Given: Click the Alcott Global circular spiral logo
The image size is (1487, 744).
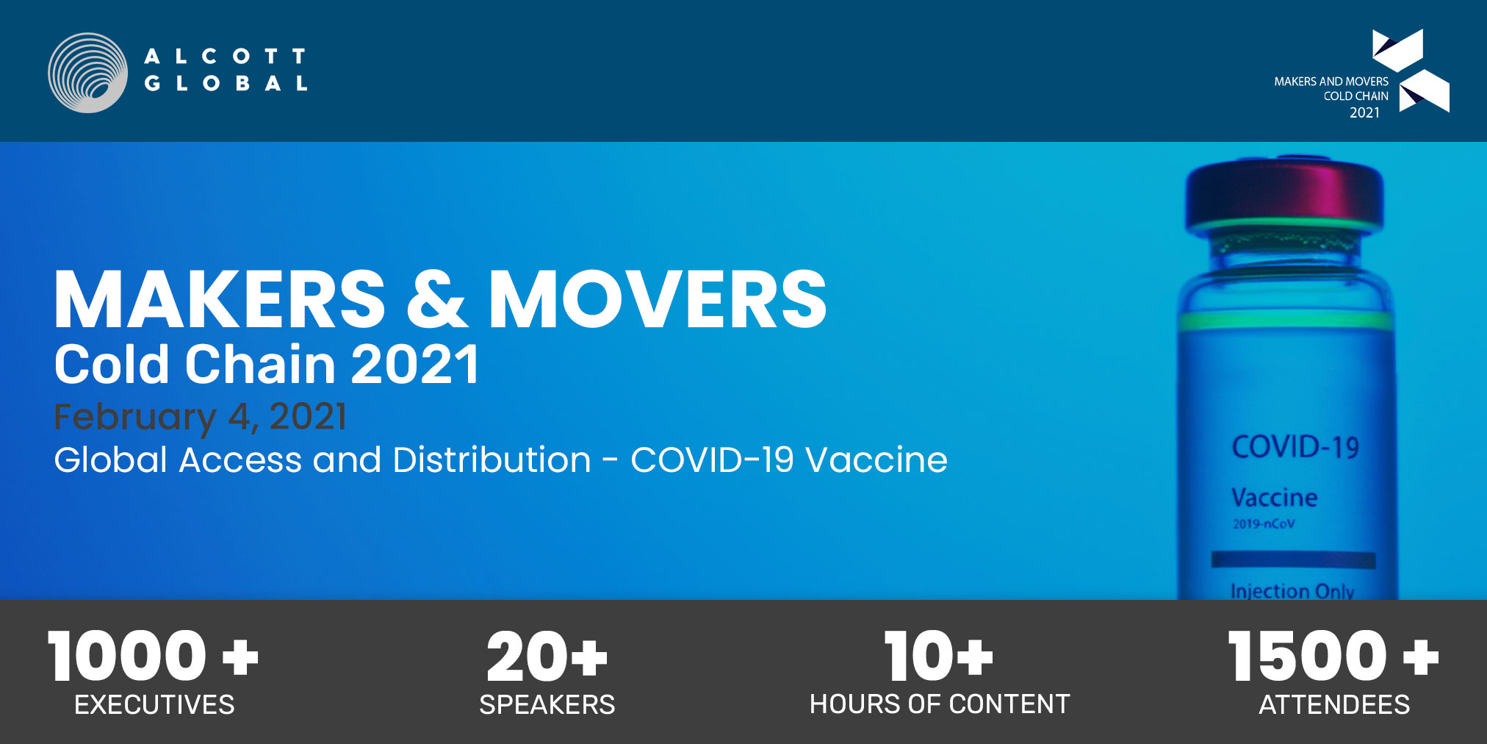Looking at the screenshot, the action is [x=88, y=72].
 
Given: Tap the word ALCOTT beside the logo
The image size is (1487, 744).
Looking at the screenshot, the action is [x=225, y=57].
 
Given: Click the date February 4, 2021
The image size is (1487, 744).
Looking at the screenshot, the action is [x=200, y=417].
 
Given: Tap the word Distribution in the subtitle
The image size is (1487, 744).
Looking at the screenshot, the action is [x=492, y=460].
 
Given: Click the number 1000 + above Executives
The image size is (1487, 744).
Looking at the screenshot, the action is [x=153, y=656].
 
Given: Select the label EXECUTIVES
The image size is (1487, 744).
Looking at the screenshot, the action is [x=154, y=704].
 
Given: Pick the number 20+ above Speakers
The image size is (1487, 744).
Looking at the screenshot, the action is [x=547, y=656].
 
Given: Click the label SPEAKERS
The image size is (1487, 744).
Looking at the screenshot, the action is [x=547, y=704].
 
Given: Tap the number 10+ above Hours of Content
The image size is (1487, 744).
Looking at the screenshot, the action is [x=939, y=656].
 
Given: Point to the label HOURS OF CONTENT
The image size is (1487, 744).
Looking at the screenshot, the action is [x=940, y=704].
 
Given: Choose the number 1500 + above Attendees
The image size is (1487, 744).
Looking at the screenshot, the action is [x=1333, y=656].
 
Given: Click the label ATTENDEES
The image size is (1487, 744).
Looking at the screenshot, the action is [x=1334, y=704].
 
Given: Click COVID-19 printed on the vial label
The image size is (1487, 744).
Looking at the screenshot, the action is [x=1295, y=447].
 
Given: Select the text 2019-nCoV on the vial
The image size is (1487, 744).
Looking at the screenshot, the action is [x=1264, y=523].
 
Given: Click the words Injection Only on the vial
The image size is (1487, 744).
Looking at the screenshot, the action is [x=1292, y=591].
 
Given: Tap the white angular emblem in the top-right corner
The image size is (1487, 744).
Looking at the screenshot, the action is [x=1411, y=71].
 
